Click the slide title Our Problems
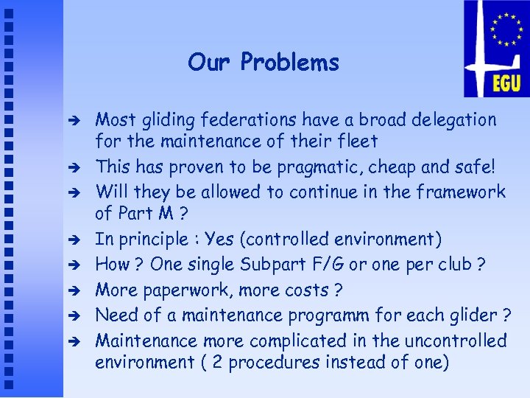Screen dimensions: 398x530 [x=264, y=63]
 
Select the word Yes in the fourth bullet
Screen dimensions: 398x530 [x=219, y=239]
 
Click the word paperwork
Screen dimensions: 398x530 [x=194, y=290]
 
